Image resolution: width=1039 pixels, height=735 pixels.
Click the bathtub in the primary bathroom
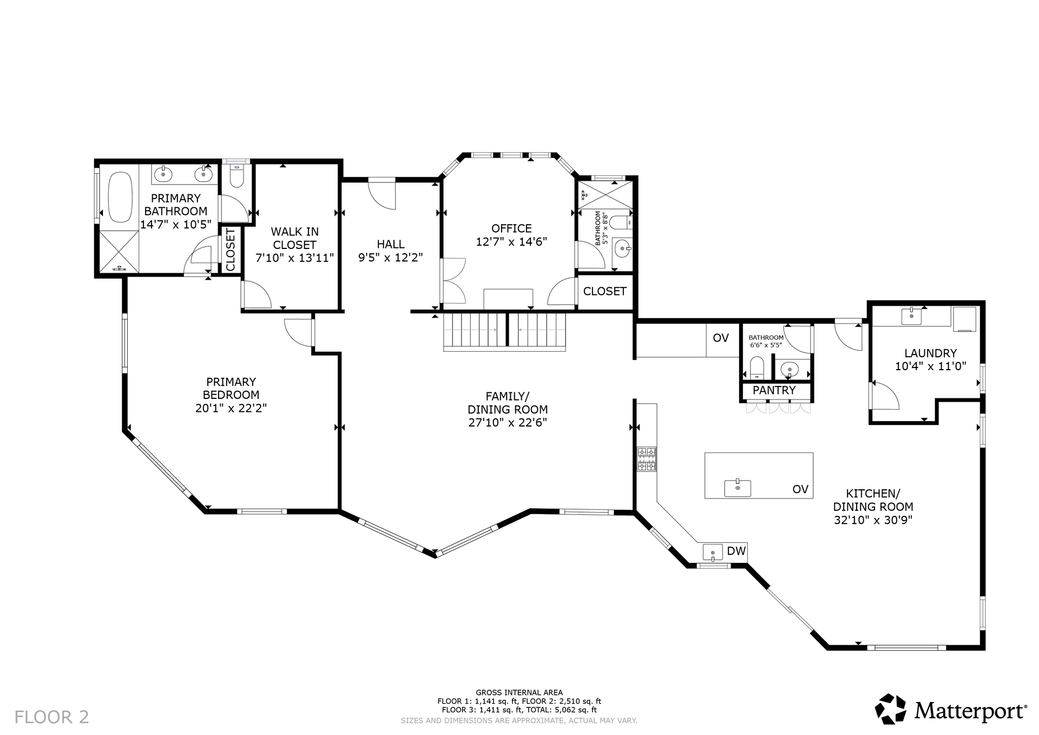120,197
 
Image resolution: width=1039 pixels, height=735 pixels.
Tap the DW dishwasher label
736,551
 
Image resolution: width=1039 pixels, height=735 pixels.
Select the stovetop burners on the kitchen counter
646,459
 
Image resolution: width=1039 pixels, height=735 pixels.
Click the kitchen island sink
738,488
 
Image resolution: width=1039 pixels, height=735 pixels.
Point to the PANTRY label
774,390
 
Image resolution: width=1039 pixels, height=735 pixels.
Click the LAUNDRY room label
930,353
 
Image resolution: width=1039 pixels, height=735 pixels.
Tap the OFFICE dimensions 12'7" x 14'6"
511,241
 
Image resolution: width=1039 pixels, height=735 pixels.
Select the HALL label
391,244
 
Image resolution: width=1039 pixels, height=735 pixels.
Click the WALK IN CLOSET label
294,238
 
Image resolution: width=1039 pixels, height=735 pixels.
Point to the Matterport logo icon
891,708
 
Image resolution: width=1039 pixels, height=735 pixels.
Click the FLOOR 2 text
51,717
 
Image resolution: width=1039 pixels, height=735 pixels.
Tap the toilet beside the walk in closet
237,175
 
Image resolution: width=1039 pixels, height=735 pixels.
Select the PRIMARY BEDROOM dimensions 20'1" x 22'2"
231,408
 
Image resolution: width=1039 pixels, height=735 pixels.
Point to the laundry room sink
911,316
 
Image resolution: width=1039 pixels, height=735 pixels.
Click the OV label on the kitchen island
800,489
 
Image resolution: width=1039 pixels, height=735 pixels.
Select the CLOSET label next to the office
605,291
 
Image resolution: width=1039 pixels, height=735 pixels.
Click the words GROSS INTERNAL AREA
519,692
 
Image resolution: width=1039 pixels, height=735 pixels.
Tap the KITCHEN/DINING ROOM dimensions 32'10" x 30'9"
873,520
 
